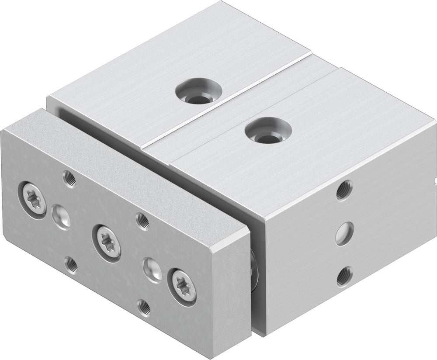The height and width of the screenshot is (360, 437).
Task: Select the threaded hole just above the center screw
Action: point(141,219)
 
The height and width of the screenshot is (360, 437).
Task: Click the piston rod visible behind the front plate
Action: point(254,271)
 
